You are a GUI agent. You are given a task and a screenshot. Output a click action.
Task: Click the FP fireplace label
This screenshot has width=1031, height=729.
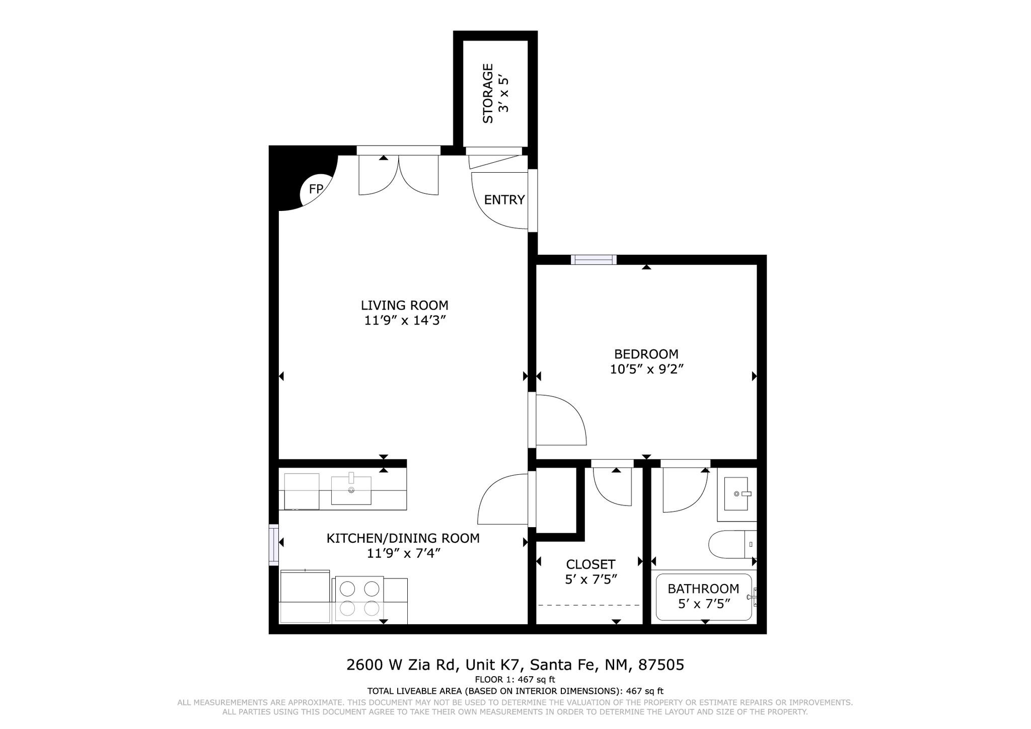pyautogui.click(x=316, y=189)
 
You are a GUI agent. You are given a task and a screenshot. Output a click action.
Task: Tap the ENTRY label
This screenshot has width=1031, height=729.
pyautogui.click(x=504, y=200)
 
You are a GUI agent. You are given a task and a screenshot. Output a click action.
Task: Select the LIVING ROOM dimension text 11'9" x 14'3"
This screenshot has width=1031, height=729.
pyautogui.click(x=406, y=321)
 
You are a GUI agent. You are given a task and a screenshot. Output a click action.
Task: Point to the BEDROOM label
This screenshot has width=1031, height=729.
pyautogui.click(x=646, y=354)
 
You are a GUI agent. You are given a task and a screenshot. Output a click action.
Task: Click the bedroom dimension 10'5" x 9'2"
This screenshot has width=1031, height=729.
pyautogui.click(x=646, y=370)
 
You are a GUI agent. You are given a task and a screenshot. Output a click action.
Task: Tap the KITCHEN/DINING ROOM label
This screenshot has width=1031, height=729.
pyautogui.click(x=403, y=538)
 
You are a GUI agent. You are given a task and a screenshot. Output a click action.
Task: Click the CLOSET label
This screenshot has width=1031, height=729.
pyautogui.click(x=591, y=564)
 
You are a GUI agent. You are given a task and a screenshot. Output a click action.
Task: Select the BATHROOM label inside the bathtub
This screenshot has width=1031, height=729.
pyautogui.click(x=703, y=589)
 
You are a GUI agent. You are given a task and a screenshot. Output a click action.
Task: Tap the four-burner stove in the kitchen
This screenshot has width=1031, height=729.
pyautogui.click(x=359, y=599)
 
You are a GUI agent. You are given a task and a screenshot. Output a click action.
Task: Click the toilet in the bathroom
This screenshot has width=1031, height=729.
pyautogui.click(x=732, y=545)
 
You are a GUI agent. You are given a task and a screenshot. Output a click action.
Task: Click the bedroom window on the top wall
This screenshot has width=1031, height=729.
pyautogui.click(x=594, y=260)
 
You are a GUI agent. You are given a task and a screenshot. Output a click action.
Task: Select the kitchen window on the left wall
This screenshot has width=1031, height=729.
pyautogui.click(x=273, y=545)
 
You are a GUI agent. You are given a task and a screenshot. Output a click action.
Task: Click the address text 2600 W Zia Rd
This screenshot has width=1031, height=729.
pyautogui.click(x=402, y=665)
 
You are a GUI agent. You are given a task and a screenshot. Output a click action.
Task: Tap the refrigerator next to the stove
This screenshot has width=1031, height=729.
pyautogui.click(x=305, y=597)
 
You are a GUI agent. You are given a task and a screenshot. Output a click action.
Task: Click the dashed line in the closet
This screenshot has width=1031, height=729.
pyautogui.click(x=589, y=605)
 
